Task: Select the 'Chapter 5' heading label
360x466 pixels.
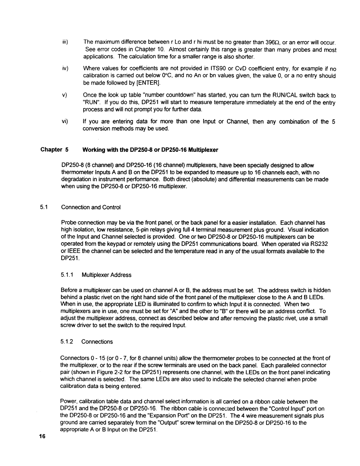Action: click(54, 150)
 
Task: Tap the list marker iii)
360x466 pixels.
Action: click(64, 42)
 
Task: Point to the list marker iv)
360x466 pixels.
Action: click(64, 68)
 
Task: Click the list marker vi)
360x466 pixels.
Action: click(64, 121)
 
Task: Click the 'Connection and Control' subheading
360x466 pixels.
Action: click(91, 207)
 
